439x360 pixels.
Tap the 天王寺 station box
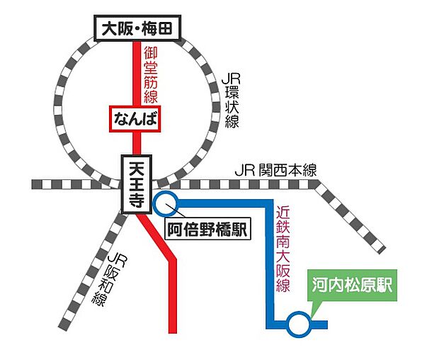click(x=134, y=184)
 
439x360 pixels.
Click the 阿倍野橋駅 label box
click(x=206, y=229)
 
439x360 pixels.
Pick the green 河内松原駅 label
click(x=353, y=286)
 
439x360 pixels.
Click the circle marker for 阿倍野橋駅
click(x=166, y=203)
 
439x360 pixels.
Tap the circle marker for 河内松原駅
click(x=300, y=325)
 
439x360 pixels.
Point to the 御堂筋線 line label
click(x=150, y=74)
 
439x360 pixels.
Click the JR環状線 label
click(x=231, y=99)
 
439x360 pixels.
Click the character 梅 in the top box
click(x=151, y=29)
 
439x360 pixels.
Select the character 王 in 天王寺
click(x=134, y=184)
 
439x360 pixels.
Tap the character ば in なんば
click(x=149, y=118)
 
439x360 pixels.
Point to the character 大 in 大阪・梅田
click(x=108, y=29)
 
